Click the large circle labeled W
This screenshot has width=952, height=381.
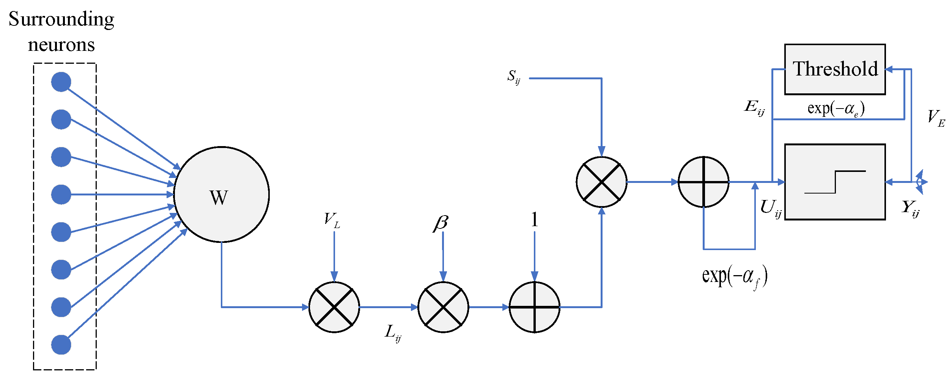(x=222, y=194)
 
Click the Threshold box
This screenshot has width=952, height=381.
(x=835, y=69)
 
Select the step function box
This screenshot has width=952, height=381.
(x=835, y=182)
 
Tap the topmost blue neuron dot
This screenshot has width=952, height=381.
(x=61, y=82)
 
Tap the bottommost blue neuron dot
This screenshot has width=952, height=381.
(x=61, y=345)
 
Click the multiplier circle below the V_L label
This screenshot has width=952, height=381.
(x=334, y=307)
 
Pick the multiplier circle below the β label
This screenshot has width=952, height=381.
(x=443, y=307)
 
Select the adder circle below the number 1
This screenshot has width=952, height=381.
(x=534, y=307)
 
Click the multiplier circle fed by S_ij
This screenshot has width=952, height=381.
(x=601, y=182)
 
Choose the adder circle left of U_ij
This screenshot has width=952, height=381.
(x=703, y=182)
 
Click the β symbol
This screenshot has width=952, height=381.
(x=441, y=223)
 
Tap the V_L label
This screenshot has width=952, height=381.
(x=332, y=220)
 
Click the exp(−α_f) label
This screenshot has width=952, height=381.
(x=735, y=276)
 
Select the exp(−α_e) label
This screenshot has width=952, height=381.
(x=836, y=109)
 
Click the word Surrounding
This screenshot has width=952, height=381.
(x=61, y=20)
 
